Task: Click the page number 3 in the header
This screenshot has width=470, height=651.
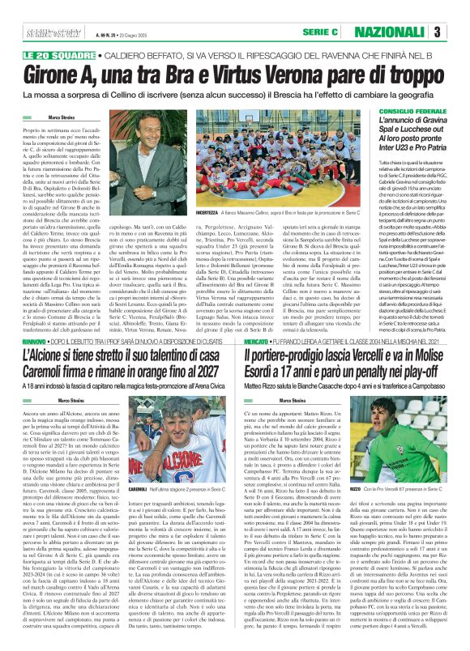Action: [459, 32]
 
